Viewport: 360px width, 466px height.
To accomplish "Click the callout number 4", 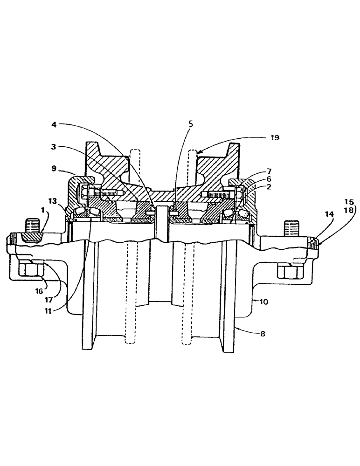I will pyautogui.click(x=54, y=125).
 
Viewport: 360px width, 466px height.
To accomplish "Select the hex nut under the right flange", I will pyautogui.click(x=288, y=271).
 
